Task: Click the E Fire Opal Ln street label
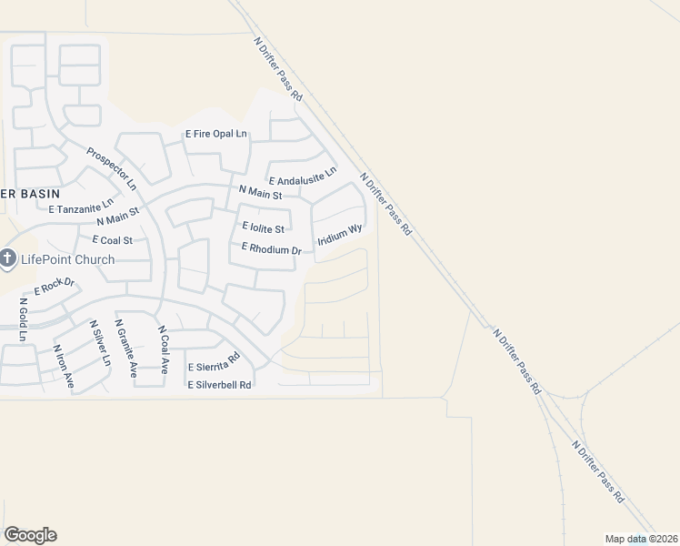point(216,134)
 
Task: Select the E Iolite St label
point(263,227)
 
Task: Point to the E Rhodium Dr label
point(270,249)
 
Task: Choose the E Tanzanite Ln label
point(82,206)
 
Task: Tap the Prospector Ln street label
point(111,168)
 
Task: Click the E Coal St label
point(113,240)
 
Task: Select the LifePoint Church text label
point(69,259)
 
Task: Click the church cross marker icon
point(8,260)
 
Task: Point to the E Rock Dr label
point(53,288)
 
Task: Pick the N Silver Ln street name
point(99,343)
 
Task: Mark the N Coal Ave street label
point(164,350)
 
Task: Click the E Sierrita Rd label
point(213,362)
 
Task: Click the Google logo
point(30,535)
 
